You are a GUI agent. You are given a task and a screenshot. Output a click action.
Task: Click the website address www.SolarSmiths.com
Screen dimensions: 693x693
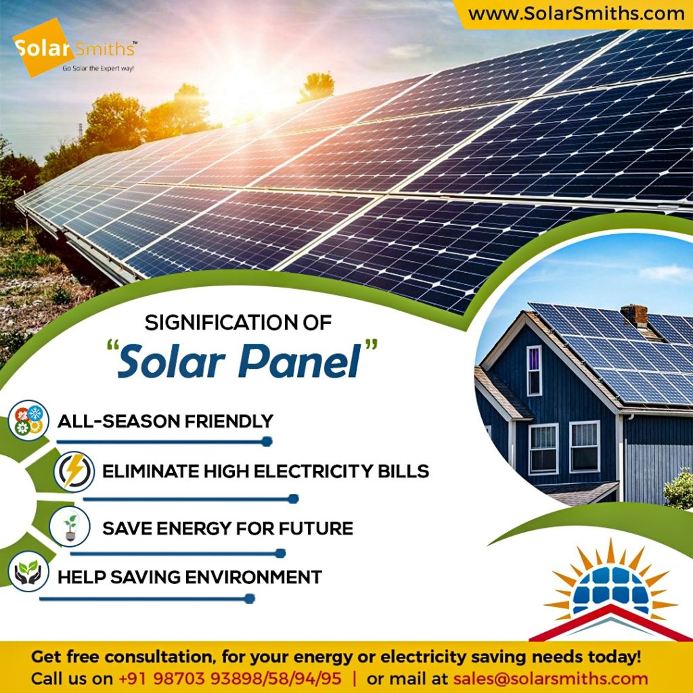576,14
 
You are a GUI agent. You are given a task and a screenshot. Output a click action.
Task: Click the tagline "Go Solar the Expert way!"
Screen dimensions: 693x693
97,68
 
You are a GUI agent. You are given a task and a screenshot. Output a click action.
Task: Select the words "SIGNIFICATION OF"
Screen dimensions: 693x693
238,323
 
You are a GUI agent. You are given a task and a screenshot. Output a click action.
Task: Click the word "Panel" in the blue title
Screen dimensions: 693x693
300,361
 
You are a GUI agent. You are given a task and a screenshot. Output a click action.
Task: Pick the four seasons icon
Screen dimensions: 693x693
28,420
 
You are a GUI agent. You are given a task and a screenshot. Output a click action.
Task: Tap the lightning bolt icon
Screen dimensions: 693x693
74,471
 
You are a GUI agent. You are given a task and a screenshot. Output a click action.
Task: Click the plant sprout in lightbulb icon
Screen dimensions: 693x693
70,527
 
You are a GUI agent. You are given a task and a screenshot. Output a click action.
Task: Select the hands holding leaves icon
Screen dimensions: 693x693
28,571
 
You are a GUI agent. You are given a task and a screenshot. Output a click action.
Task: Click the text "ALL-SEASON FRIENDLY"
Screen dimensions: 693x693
165,421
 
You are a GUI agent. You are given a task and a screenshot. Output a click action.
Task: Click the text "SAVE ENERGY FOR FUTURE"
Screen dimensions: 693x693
227,528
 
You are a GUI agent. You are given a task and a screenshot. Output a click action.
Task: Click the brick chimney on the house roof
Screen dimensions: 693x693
634,315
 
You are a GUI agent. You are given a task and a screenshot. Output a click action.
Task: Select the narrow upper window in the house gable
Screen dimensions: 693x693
534,371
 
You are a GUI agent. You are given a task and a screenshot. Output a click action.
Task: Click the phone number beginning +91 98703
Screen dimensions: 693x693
230,678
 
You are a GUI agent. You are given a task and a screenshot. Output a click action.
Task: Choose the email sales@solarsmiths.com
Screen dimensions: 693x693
550,678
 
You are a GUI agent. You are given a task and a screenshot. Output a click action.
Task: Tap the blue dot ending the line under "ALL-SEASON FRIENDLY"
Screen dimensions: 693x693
267,441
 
